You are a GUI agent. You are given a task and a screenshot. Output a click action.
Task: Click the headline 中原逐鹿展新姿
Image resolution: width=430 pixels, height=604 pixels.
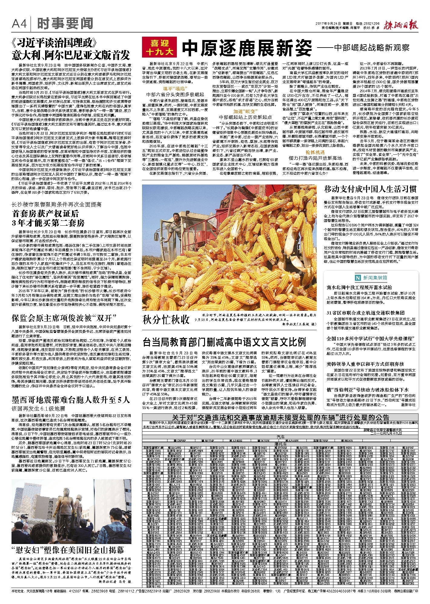(x=247, y=48)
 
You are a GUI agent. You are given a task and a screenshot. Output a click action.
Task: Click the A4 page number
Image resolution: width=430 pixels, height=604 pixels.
(x=19, y=24)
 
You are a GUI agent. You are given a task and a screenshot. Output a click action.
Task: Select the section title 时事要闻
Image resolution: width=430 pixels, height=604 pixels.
(x=65, y=24)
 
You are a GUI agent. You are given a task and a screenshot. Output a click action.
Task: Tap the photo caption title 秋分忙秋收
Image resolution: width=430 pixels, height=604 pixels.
(x=166, y=319)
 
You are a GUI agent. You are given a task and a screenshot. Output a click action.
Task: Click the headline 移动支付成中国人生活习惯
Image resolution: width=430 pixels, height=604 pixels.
(x=370, y=189)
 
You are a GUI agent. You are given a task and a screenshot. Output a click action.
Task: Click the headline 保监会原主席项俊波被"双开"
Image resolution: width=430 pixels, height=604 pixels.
(x=64, y=318)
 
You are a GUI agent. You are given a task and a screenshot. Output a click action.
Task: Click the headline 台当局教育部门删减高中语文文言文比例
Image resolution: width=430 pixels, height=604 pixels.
(x=224, y=342)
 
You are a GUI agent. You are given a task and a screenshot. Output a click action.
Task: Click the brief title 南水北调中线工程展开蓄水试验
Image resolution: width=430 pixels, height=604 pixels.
(x=359, y=287)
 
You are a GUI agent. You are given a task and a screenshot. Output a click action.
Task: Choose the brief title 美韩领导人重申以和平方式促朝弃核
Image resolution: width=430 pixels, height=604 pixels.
(x=365, y=364)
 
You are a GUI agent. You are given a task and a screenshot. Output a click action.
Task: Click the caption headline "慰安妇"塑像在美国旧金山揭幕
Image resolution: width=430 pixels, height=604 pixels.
(x=68, y=550)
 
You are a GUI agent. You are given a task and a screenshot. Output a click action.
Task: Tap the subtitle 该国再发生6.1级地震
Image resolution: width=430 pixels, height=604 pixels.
(x=38, y=409)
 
